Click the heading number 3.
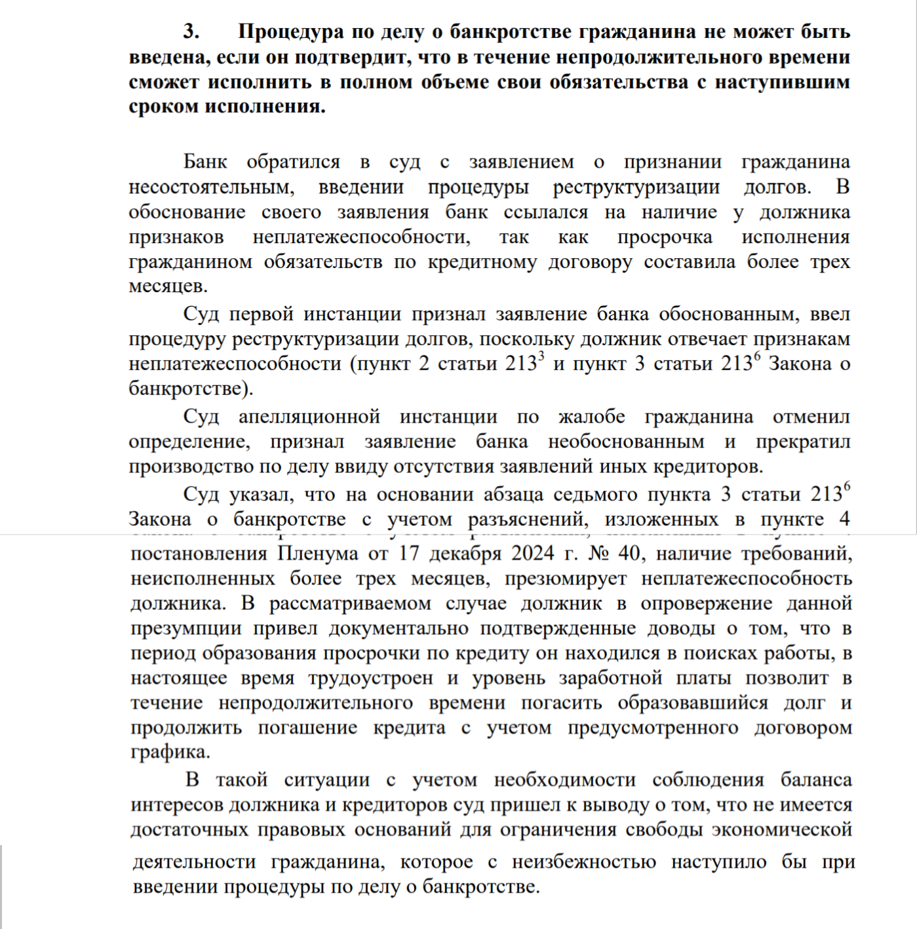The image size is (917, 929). pyautogui.click(x=191, y=31)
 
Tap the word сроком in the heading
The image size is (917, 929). pyautogui.click(x=163, y=106)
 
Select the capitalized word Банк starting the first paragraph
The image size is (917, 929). pyautogui.click(x=205, y=162)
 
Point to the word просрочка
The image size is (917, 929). pyautogui.click(x=664, y=237)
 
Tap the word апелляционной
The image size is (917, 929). pyautogui.click(x=309, y=417)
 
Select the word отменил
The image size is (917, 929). pyautogui.click(x=811, y=417)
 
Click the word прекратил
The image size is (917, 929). pyautogui.click(x=802, y=442)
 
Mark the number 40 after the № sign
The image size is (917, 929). pyautogui.click(x=629, y=554)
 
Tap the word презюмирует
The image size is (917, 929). pyautogui.click(x=565, y=578)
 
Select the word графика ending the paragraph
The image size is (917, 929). pyautogui.click(x=169, y=752)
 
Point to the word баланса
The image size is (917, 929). pyautogui.click(x=815, y=780)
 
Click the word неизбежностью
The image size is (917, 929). pyautogui.click(x=583, y=862)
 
